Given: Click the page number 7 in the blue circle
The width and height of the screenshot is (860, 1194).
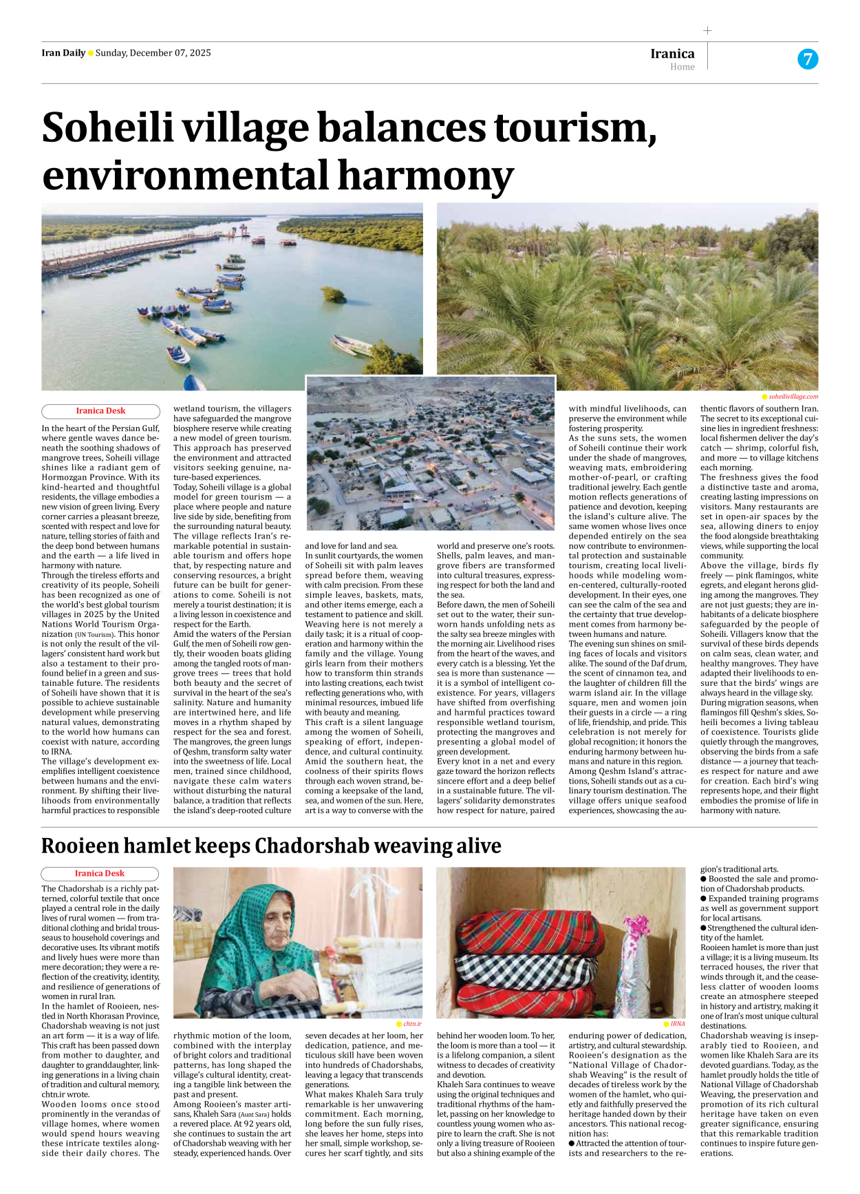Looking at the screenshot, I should [808, 59].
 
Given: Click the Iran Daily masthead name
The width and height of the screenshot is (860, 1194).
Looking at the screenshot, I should [63, 53].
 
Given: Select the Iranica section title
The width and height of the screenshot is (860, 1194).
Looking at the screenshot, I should [672, 53].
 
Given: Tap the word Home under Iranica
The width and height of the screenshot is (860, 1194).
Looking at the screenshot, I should [682, 67].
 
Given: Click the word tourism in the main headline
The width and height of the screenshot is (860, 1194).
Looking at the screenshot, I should [572, 128].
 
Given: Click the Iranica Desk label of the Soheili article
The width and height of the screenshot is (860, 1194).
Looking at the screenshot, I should [100, 411].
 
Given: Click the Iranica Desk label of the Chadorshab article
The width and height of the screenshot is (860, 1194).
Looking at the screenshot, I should [100, 874].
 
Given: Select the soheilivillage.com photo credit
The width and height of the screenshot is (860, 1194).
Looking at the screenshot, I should [793, 397].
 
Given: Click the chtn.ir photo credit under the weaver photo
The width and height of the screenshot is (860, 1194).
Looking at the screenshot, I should [412, 1024].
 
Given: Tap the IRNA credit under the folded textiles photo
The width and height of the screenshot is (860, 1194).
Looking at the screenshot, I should [678, 1024].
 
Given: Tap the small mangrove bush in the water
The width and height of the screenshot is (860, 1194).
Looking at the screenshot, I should [333, 295].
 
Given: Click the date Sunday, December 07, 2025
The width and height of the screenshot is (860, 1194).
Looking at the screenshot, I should [153, 53].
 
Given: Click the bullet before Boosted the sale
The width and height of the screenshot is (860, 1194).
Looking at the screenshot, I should [703, 879].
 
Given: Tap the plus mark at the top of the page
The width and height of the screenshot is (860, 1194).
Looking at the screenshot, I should [707, 30].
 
